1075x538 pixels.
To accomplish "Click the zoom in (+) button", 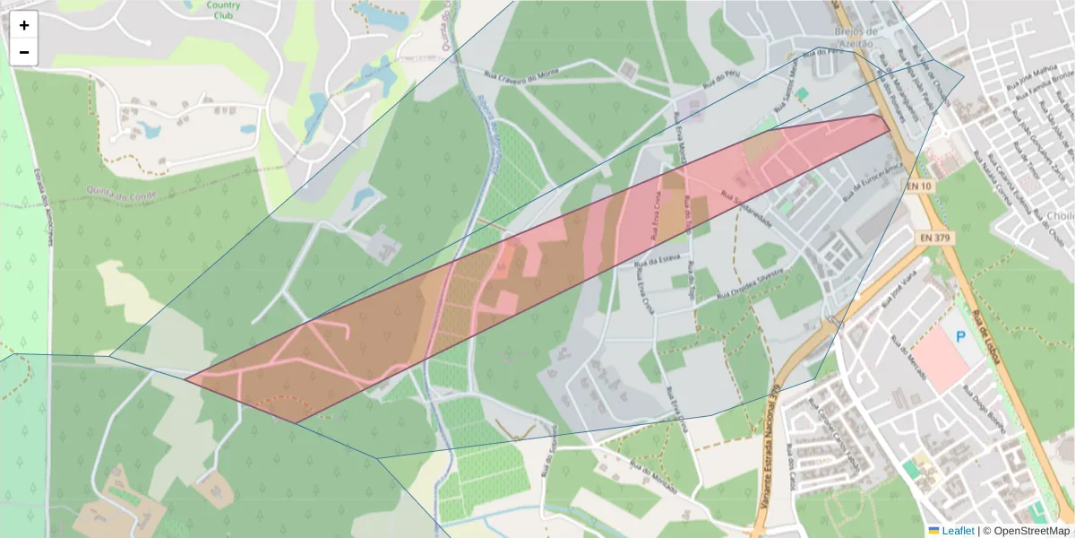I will tap(24, 25).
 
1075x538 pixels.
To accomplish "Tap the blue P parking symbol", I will tap(961, 337).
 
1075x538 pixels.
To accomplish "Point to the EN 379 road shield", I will tap(934, 238).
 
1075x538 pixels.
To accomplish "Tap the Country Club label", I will tap(223, 10).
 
